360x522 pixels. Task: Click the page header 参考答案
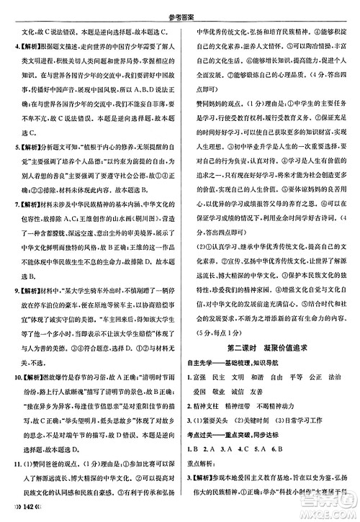click(x=179, y=7)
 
